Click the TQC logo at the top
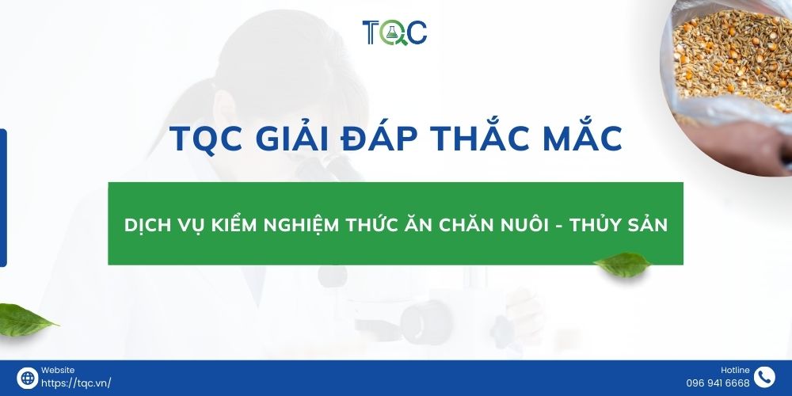(394, 32)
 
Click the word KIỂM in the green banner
(239, 225)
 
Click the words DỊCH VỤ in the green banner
(163, 225)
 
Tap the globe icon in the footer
(27, 378)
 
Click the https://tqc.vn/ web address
(76, 383)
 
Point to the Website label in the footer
(58, 370)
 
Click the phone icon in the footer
(764, 378)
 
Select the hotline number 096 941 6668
(718, 383)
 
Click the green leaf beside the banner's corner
(624, 265)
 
